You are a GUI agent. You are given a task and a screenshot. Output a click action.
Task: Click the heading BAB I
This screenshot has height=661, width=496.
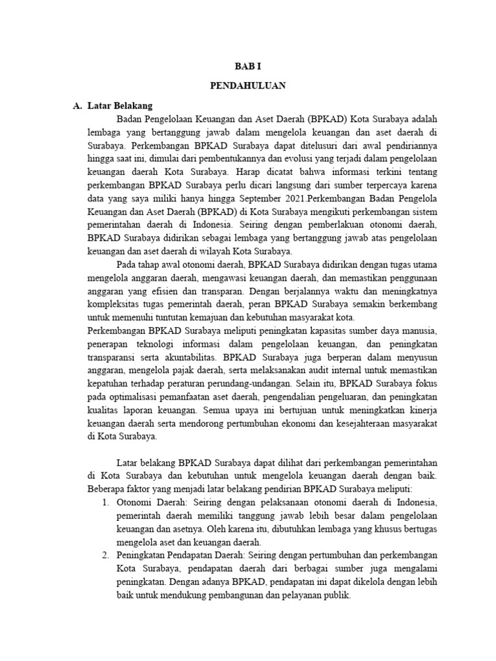click(x=248, y=66)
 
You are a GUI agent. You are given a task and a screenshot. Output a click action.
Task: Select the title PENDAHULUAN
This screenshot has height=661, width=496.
click(x=248, y=86)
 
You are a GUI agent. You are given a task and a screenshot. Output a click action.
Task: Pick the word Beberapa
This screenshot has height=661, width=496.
click(x=107, y=489)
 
